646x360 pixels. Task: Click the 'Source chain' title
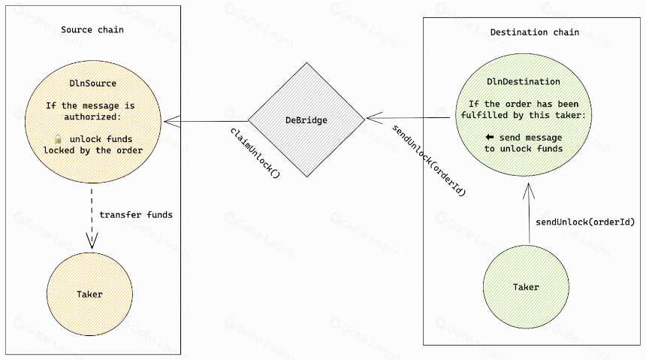(92, 30)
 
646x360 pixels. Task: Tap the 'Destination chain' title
(534, 32)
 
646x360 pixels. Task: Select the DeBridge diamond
(306, 120)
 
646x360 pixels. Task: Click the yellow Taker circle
(90, 294)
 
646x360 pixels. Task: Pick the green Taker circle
(526, 287)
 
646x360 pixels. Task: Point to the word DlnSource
(92, 83)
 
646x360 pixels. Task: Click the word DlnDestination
(524, 82)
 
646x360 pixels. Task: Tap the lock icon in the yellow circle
(58, 138)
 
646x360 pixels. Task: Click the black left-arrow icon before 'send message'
(490, 137)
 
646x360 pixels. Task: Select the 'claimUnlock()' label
(255, 153)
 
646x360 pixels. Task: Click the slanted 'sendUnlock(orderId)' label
(428, 160)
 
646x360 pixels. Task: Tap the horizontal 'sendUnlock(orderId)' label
(585, 222)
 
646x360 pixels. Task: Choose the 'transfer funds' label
(136, 215)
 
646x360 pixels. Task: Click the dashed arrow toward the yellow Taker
(92, 219)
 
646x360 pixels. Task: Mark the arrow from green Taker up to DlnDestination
(529, 213)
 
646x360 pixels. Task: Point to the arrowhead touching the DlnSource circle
(171, 121)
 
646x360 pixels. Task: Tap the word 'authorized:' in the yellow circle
(92, 116)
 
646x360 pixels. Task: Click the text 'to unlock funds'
(524, 149)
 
